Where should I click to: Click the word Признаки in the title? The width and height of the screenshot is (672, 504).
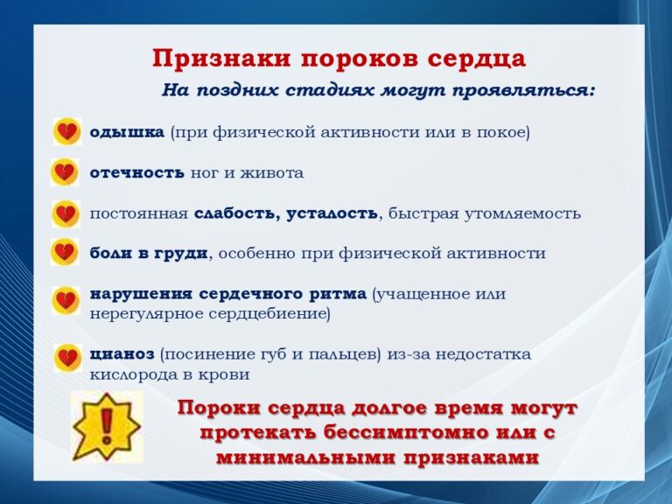tap(221, 59)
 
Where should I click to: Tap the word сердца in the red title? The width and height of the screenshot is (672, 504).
tap(477, 59)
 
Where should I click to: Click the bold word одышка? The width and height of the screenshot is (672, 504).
tap(127, 132)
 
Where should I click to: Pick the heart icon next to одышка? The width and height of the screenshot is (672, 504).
tap(67, 131)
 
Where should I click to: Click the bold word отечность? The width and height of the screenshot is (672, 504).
tap(137, 172)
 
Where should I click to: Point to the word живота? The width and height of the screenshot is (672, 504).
tap(272, 172)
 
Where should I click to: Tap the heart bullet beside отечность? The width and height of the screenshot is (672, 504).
tap(65, 172)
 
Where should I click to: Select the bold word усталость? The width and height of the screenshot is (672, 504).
tap(332, 213)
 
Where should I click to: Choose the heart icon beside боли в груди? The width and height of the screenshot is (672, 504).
tap(65, 252)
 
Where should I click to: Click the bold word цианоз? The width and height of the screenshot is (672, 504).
tap(122, 354)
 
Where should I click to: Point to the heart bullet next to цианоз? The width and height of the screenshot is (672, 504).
tap(67, 357)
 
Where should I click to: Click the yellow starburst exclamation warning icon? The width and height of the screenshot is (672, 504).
tap(107, 427)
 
